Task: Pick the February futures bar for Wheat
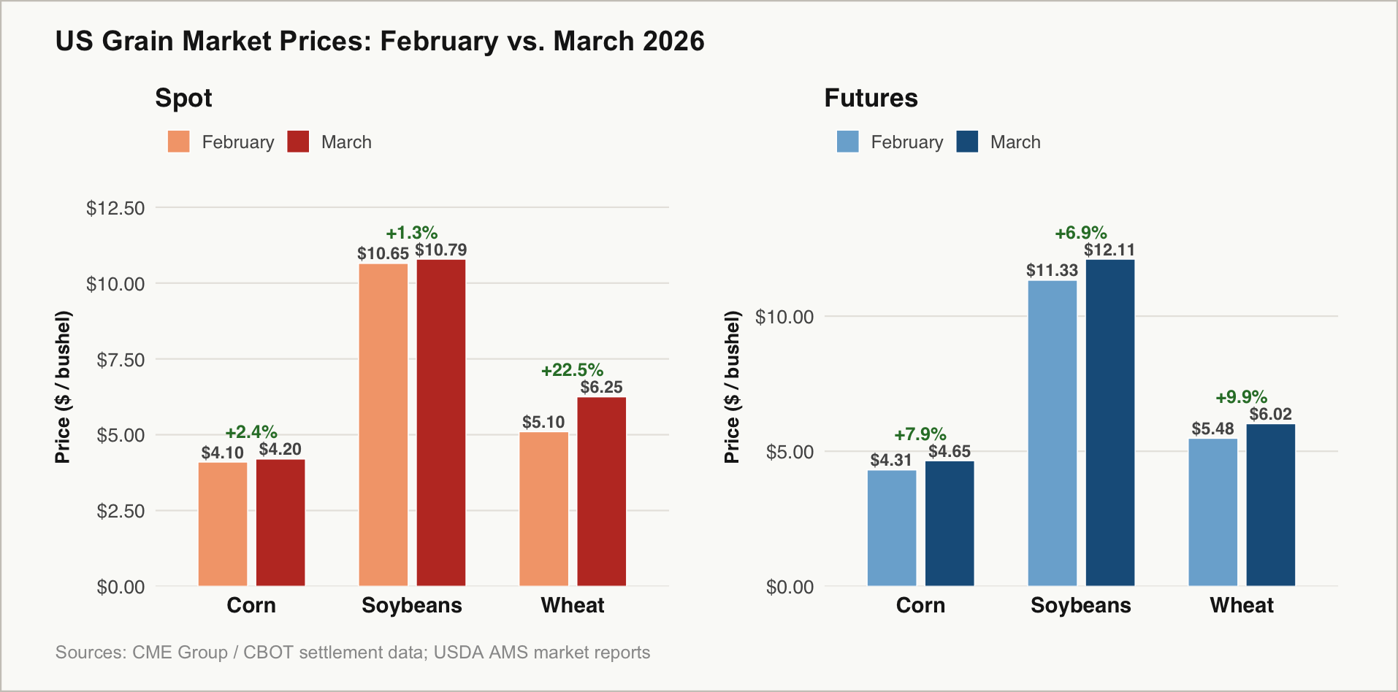pyautogui.click(x=1212, y=512)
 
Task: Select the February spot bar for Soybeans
pyautogui.click(x=383, y=424)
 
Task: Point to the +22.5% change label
pyautogui.click(x=572, y=370)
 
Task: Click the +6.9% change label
pyautogui.click(x=1080, y=233)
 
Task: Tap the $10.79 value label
pyautogui.click(x=441, y=250)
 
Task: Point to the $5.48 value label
pyautogui.click(x=1212, y=428)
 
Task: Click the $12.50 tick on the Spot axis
pyautogui.click(x=115, y=208)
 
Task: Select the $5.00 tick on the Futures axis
pyautogui.click(x=790, y=452)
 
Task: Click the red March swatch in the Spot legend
pyautogui.click(x=298, y=142)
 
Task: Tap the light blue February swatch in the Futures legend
pyautogui.click(x=847, y=142)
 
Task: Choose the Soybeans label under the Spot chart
pyautogui.click(x=412, y=605)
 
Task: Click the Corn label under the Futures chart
pyautogui.click(x=920, y=605)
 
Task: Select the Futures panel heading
pyautogui.click(x=871, y=98)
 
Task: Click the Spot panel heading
pyautogui.click(x=183, y=98)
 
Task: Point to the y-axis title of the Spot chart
pyautogui.click(x=63, y=387)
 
